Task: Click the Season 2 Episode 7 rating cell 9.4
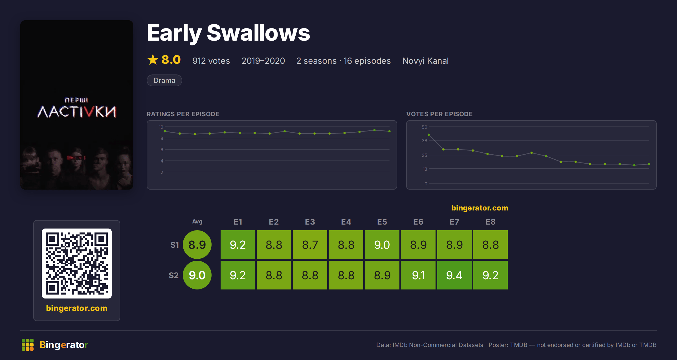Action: coord(454,275)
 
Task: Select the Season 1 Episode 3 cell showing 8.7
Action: coord(310,245)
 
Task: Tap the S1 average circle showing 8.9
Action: coord(197,245)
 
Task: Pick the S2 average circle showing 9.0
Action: coord(197,275)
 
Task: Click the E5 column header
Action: coord(382,222)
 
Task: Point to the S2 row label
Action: coord(174,275)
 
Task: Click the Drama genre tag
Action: coord(164,80)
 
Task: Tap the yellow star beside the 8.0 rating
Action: coord(153,60)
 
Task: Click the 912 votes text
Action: coord(211,61)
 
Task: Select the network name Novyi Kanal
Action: coord(425,61)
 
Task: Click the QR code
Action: coord(77,264)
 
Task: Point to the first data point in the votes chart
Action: coord(429,135)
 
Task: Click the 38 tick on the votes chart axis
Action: coord(424,141)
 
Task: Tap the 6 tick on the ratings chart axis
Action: coord(162,150)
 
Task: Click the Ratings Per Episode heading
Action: coord(183,114)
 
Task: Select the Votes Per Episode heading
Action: coord(439,114)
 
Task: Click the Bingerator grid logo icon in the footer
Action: coord(28,345)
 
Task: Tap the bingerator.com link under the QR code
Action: coord(77,308)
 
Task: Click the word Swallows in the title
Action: coord(258,33)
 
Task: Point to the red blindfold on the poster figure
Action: coord(76,157)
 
